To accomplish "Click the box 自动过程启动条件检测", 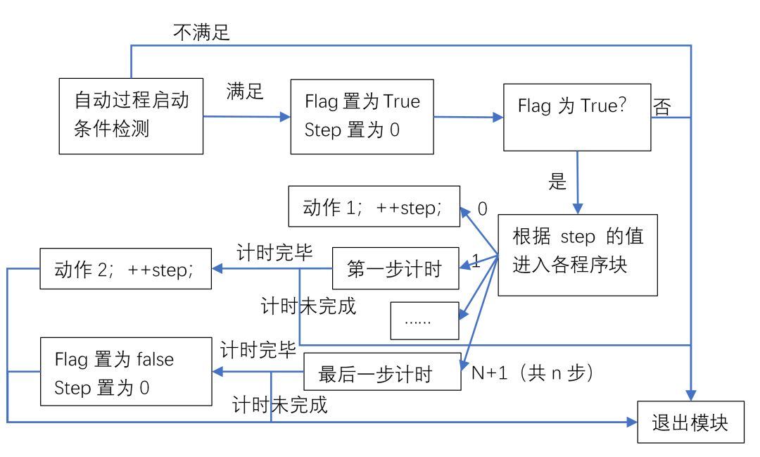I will (x=132, y=116).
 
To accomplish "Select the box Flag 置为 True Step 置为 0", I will (x=362, y=116).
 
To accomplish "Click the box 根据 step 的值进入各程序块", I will (x=577, y=254).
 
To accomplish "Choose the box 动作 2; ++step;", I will (x=125, y=268).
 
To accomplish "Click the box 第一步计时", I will (x=394, y=268).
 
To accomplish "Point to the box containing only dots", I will (x=424, y=321).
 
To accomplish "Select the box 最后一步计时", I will (x=382, y=372).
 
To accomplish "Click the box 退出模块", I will (x=690, y=422).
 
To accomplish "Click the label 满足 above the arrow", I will (x=245, y=91).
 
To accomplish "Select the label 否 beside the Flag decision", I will (x=662, y=108).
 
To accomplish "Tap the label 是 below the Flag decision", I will (x=557, y=182).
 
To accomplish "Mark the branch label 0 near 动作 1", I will (x=482, y=209).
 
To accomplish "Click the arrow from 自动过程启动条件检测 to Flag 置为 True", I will (x=246, y=116).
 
